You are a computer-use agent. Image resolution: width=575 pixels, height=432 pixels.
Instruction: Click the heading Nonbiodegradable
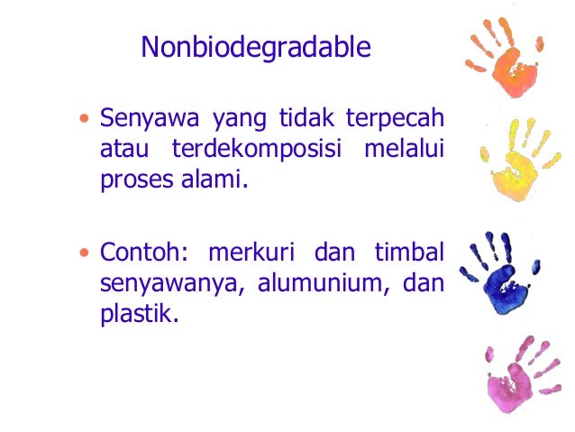[255, 48]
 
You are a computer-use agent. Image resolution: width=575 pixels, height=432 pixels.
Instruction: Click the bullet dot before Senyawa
[85, 119]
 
